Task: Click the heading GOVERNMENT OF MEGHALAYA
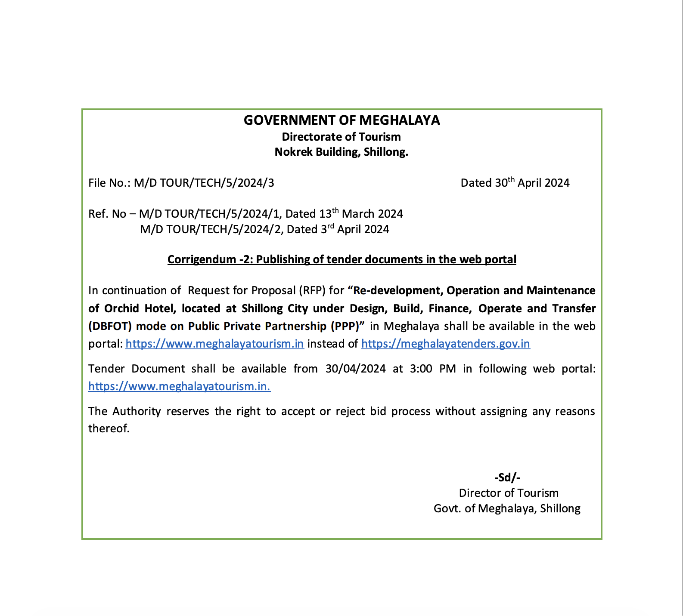point(341,120)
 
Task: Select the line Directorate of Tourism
point(341,137)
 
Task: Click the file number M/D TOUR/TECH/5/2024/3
point(204,183)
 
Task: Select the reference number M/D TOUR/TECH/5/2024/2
point(210,229)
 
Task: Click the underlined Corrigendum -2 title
point(341,259)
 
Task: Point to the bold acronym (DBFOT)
point(110,326)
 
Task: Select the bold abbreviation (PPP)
point(345,326)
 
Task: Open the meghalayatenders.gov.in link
point(445,344)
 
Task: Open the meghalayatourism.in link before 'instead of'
point(214,344)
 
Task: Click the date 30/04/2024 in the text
point(355,369)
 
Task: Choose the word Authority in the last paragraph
point(137,411)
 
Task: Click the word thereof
point(109,428)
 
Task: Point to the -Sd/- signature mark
point(507,477)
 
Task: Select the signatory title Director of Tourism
point(508,493)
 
